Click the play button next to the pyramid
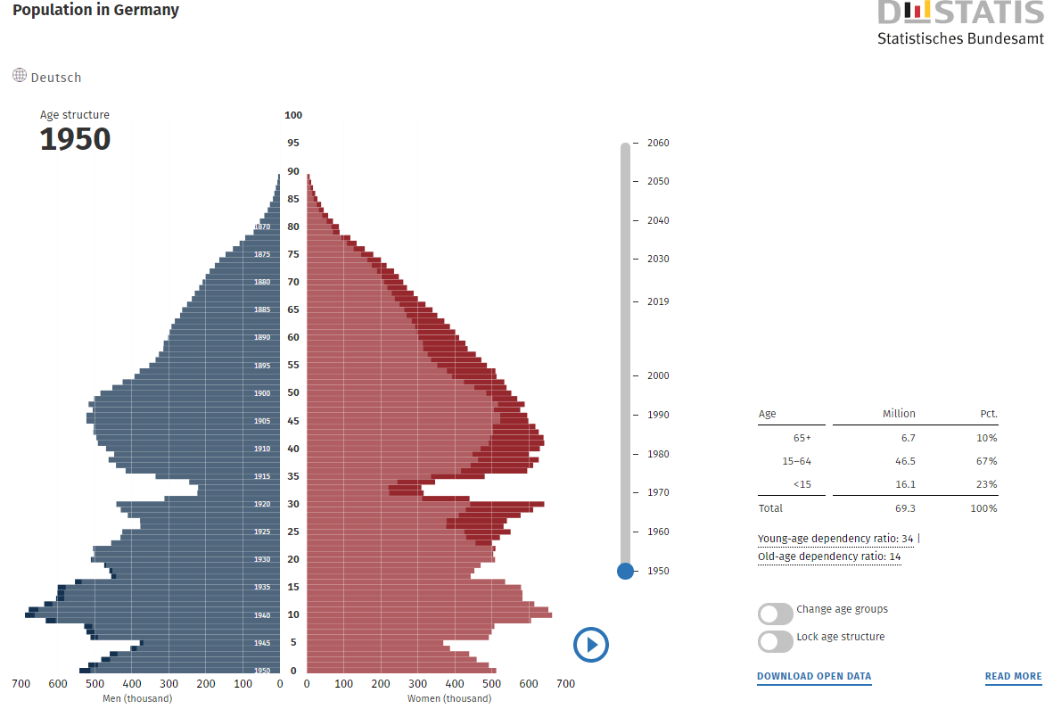click(x=591, y=644)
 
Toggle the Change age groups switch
click(x=775, y=614)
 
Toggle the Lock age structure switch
click(x=775, y=641)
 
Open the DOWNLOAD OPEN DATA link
click(x=814, y=676)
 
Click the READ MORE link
click(x=1013, y=676)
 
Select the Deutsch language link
click(x=55, y=78)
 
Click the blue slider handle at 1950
click(x=625, y=571)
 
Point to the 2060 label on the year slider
click(x=658, y=143)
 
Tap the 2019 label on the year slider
click(x=658, y=301)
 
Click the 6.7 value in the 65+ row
click(x=907, y=438)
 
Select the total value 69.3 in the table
click(x=906, y=508)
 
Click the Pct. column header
click(x=987, y=414)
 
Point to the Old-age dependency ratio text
click(x=828, y=556)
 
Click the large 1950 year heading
click(x=75, y=139)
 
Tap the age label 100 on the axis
click(x=293, y=115)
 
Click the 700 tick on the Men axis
click(x=21, y=684)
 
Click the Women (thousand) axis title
click(x=448, y=698)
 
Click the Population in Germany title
click(x=95, y=11)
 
